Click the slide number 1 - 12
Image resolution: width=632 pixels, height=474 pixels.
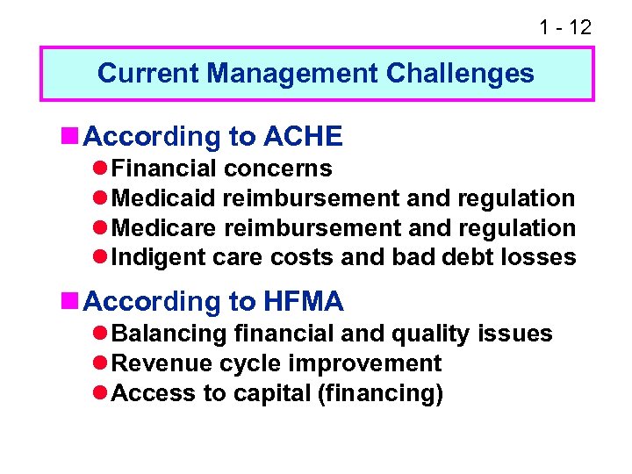(x=564, y=27)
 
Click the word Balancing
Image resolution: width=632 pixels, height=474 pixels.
(x=170, y=334)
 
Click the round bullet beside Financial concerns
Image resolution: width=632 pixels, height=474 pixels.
(x=101, y=169)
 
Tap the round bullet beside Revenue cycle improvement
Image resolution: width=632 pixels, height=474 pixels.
(x=101, y=363)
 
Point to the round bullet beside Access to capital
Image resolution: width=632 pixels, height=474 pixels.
(x=101, y=393)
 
